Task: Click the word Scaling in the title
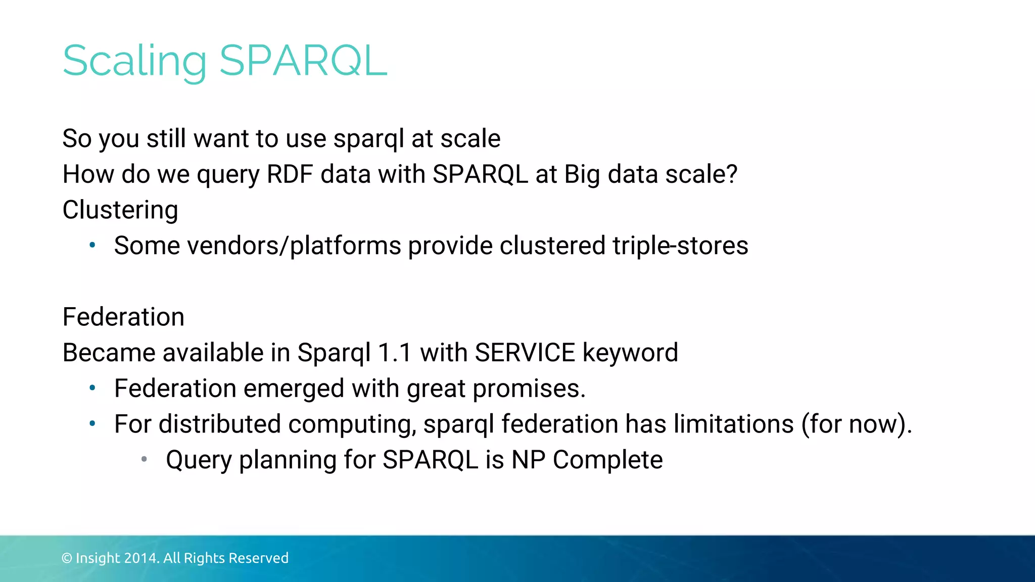click(x=134, y=62)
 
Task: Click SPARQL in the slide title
click(x=303, y=61)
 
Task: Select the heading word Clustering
click(x=120, y=210)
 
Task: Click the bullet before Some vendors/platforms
click(x=92, y=246)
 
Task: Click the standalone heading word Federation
click(x=123, y=317)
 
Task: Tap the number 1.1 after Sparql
click(x=395, y=353)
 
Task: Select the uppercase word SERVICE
click(x=525, y=353)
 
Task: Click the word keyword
click(x=630, y=353)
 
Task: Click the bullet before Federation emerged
click(x=92, y=388)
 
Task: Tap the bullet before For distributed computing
click(x=92, y=424)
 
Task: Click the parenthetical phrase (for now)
click(x=856, y=424)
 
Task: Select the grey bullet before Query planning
click(x=144, y=459)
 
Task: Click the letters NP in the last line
click(x=528, y=460)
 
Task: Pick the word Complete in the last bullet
click(x=607, y=460)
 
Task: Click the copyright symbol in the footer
click(x=67, y=558)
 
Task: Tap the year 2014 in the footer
click(x=141, y=558)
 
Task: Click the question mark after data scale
click(x=731, y=174)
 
